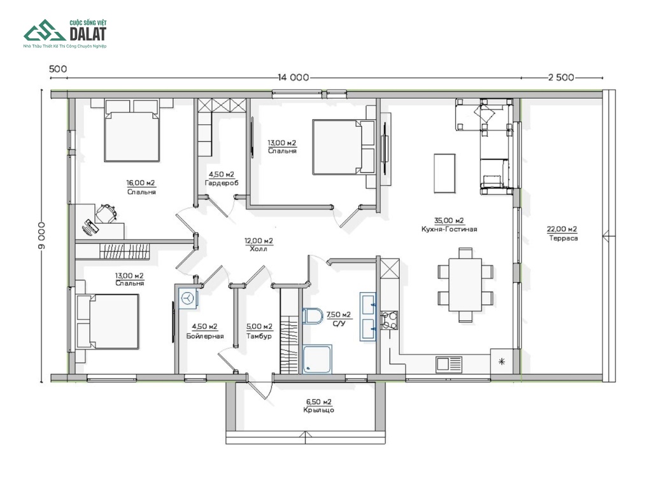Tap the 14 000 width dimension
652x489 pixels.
pos(294,78)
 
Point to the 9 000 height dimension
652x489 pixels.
pos(41,236)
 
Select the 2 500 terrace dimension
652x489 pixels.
pos(561,77)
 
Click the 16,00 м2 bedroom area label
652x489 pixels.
pos(141,183)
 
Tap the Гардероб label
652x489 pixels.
pos(222,183)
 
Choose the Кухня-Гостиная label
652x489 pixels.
pos(449,229)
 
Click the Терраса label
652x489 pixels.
pos(563,238)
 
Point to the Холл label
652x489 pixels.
pos(259,249)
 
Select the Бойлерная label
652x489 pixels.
pos(205,336)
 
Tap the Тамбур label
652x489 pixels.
pos(259,336)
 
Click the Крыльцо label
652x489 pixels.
pos(318,410)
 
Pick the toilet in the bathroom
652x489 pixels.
pos(312,316)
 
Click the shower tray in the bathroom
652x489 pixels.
pos(317,359)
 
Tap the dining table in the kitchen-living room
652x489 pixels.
pos(465,285)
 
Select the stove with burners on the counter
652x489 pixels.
pos(389,320)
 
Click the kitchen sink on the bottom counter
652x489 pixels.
pos(449,364)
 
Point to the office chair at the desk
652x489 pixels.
pos(106,214)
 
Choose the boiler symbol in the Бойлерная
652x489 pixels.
pos(188,299)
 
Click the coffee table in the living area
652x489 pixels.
pos(444,173)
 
